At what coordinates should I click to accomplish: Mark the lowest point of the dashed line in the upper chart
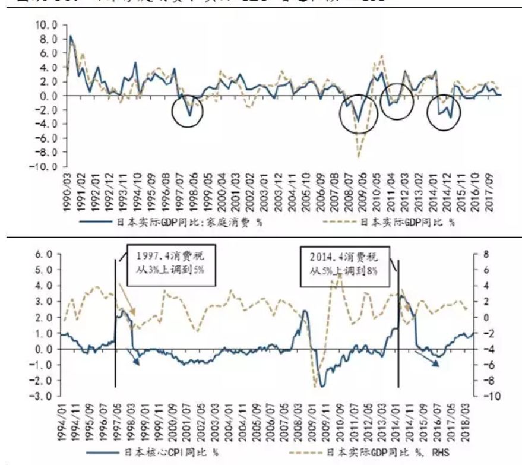(358, 157)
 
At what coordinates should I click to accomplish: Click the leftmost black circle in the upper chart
(188, 112)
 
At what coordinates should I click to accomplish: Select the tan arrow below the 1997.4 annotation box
(126, 300)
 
